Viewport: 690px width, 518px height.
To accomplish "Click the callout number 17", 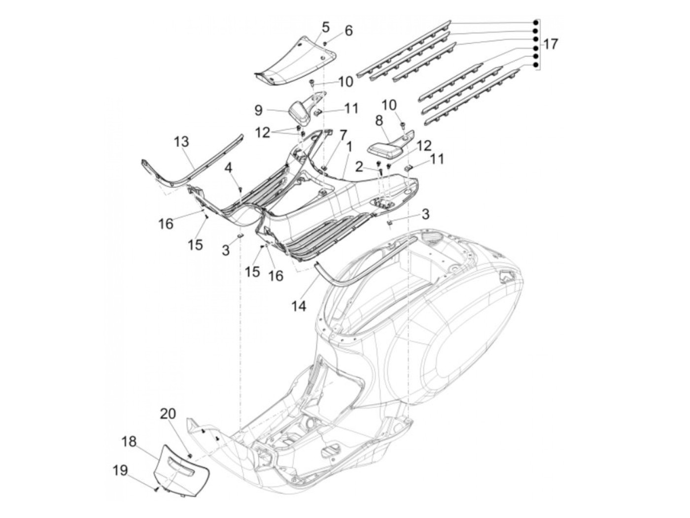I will tap(551, 44).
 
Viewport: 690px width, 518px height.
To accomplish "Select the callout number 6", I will tap(348, 31).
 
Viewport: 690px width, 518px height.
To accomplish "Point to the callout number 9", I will tap(258, 110).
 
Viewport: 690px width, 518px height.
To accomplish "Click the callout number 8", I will tap(393, 120).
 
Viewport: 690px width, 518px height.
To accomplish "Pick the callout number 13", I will tap(181, 142).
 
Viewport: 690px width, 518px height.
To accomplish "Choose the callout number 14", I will tap(299, 306).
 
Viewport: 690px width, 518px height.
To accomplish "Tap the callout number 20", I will tap(168, 414).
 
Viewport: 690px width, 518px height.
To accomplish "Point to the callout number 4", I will tap(228, 168).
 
